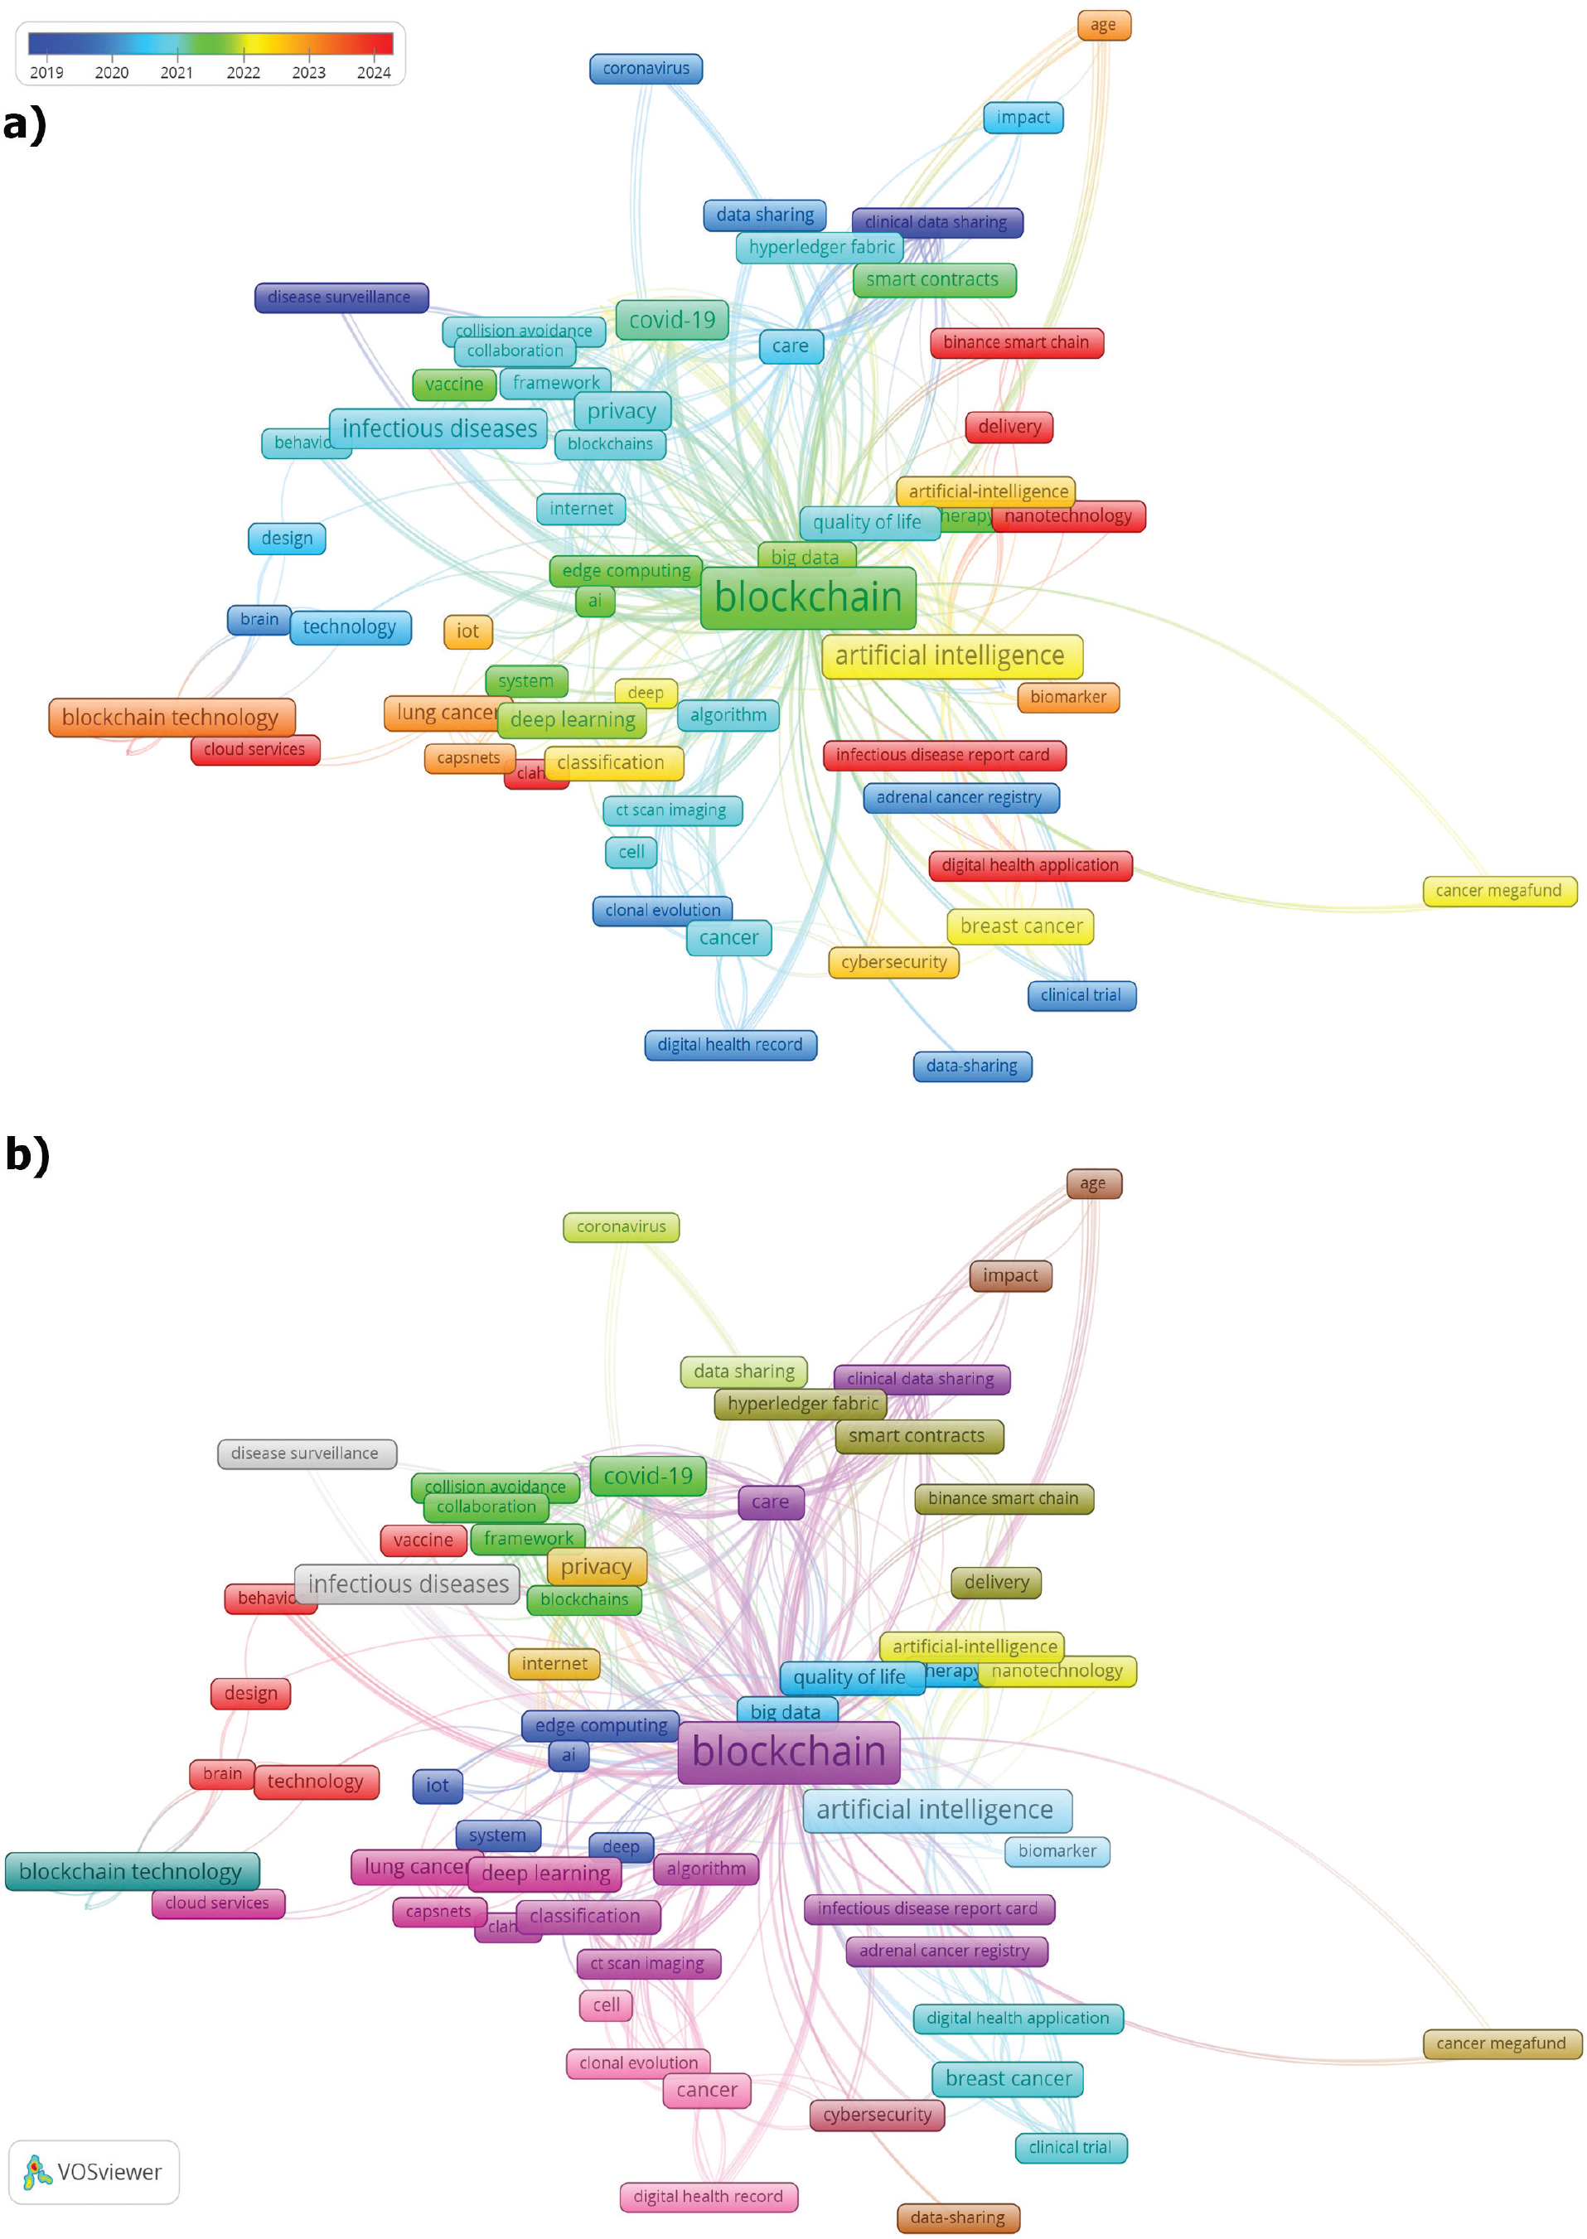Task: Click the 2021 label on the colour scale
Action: pyautogui.click(x=177, y=72)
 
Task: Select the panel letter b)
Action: pyautogui.click(x=27, y=1153)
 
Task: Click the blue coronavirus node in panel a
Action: pyautogui.click(x=646, y=69)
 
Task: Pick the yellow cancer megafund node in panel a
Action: pyautogui.click(x=1499, y=891)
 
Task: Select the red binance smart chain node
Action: pyautogui.click(x=1016, y=343)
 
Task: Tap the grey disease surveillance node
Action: pyautogui.click(x=306, y=1453)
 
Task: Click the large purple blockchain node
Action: pyautogui.click(x=789, y=1752)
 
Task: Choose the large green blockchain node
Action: pyautogui.click(x=808, y=597)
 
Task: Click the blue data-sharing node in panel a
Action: pyautogui.click(x=972, y=1066)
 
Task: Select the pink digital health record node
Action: pyautogui.click(x=709, y=2197)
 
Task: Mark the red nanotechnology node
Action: pyautogui.click(x=1069, y=515)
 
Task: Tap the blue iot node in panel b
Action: pyautogui.click(x=437, y=1786)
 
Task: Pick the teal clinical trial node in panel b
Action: pyautogui.click(x=1071, y=2147)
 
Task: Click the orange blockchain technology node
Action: pyautogui.click(x=171, y=717)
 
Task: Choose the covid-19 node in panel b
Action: pyautogui.click(x=648, y=1475)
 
